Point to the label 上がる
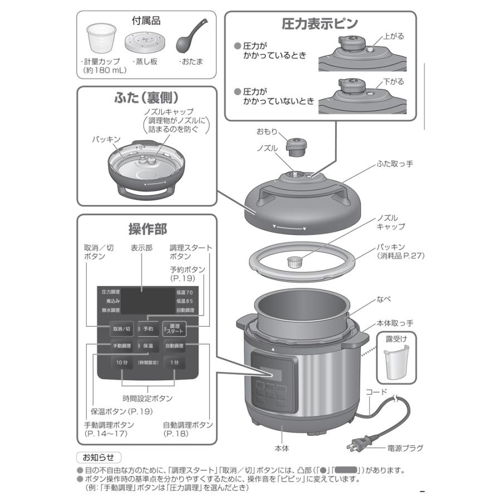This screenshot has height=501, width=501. coord(394,36)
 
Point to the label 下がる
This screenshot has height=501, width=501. coord(394,81)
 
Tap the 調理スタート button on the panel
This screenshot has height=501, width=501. coord(174,328)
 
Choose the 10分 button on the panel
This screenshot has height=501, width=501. coord(122,362)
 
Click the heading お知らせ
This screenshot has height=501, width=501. coord(98,457)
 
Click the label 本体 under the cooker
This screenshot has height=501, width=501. coord(282,447)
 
